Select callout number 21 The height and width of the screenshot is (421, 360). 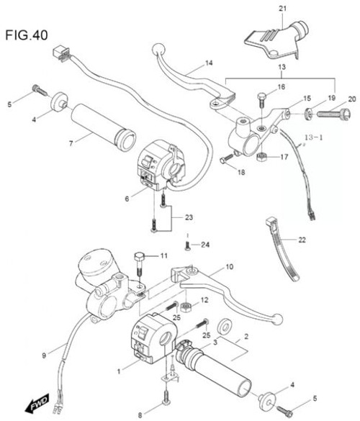point(282,8)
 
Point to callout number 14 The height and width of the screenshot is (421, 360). point(209,63)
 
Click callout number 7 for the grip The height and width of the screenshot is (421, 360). point(71,144)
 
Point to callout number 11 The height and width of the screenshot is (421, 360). point(163,255)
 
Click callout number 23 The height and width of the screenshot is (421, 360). point(189,218)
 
